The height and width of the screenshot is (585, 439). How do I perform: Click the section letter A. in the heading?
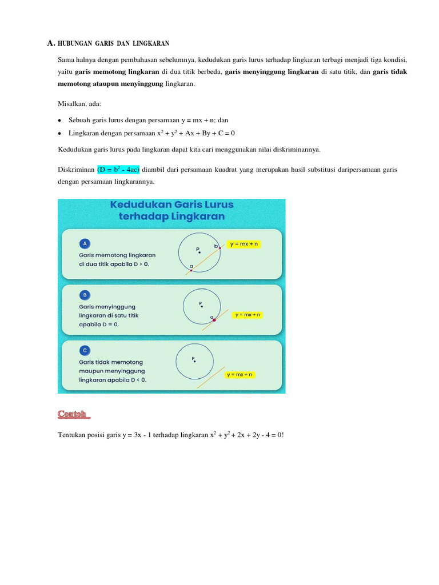[50, 43]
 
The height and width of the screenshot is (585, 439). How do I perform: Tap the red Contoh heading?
[73, 414]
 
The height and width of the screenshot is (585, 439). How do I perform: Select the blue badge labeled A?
[85, 243]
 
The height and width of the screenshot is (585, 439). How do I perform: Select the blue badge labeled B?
[85, 295]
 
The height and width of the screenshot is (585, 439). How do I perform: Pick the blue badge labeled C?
[85, 350]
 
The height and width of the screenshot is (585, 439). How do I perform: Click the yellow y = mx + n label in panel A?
[244, 244]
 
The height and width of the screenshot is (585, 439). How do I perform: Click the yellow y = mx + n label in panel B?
[247, 315]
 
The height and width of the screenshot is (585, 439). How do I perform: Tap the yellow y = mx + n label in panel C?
[240, 375]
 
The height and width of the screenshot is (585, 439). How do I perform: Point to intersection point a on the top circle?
[191, 270]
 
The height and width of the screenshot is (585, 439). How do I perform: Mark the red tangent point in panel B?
[214, 320]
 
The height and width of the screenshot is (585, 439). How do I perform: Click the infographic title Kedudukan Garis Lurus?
[171, 205]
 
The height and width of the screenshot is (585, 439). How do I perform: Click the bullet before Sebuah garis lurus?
[60, 121]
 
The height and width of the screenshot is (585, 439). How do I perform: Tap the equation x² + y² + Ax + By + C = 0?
[196, 133]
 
